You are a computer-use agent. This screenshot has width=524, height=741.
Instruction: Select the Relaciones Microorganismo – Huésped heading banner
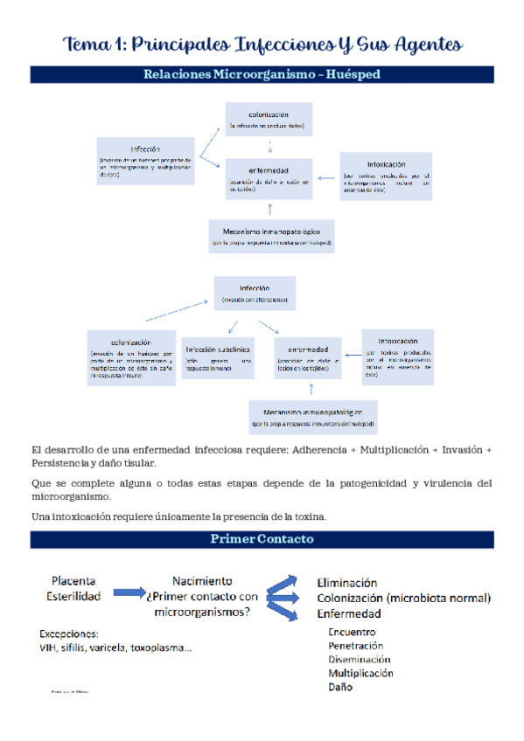(x=262, y=75)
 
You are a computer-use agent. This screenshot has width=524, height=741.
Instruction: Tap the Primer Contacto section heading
(x=262, y=539)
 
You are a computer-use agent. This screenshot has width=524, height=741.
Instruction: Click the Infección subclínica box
(x=218, y=357)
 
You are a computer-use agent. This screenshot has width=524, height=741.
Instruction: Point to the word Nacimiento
(x=202, y=580)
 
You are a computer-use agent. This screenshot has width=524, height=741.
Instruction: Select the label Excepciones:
(x=69, y=633)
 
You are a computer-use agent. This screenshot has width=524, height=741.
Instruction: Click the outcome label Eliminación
(x=346, y=582)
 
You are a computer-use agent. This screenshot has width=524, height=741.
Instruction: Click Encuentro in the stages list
(x=352, y=631)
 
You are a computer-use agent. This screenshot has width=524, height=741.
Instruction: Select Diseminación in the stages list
(x=359, y=659)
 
